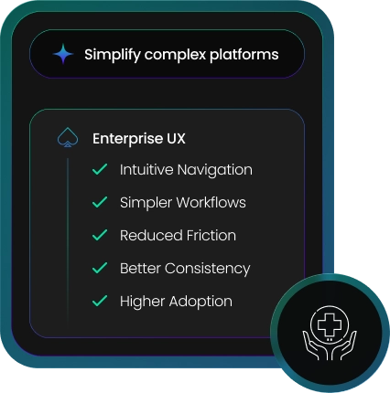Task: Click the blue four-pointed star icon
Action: (x=63, y=54)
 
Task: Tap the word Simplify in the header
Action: (x=113, y=55)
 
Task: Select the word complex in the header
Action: (x=175, y=55)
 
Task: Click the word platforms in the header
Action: (x=244, y=55)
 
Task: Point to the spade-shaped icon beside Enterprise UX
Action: (x=68, y=137)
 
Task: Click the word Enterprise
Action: (x=128, y=139)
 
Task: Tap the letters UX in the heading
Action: (x=176, y=139)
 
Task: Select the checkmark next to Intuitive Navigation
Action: (x=100, y=169)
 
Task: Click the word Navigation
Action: (x=215, y=170)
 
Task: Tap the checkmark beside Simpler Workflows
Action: (x=100, y=202)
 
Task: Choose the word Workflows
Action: (x=211, y=202)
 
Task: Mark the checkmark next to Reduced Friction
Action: (x=100, y=235)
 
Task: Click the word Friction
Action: (x=211, y=236)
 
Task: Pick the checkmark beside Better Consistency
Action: (x=100, y=268)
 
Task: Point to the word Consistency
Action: (x=208, y=269)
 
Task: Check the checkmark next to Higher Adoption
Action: (x=100, y=301)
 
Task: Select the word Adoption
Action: (x=200, y=302)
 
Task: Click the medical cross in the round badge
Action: (x=330, y=324)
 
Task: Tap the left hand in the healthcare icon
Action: (x=315, y=346)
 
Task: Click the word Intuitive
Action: (x=146, y=169)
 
